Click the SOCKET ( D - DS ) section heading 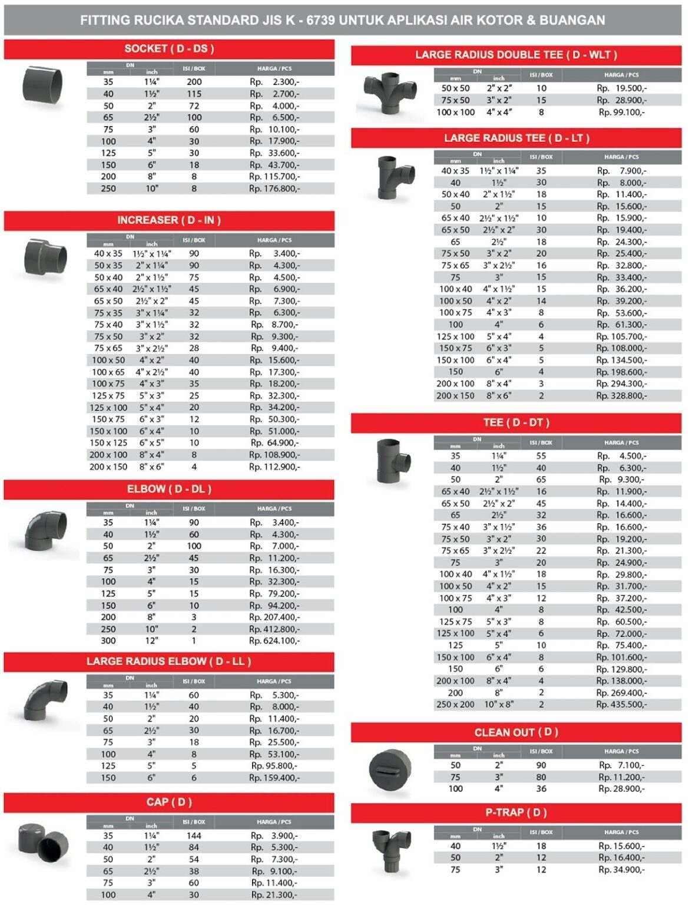(169, 49)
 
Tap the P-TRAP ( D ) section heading (516, 812)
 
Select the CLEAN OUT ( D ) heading (516, 732)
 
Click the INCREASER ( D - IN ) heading (169, 220)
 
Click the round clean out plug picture (390, 769)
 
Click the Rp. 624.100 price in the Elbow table (274, 641)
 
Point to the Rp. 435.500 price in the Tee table (621, 705)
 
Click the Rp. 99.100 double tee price (621, 112)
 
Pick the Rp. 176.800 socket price (274, 189)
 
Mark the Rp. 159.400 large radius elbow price (274, 778)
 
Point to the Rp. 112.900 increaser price (274, 467)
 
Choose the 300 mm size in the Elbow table (108, 641)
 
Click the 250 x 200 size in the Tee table (455, 705)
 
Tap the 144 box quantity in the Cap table (194, 836)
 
